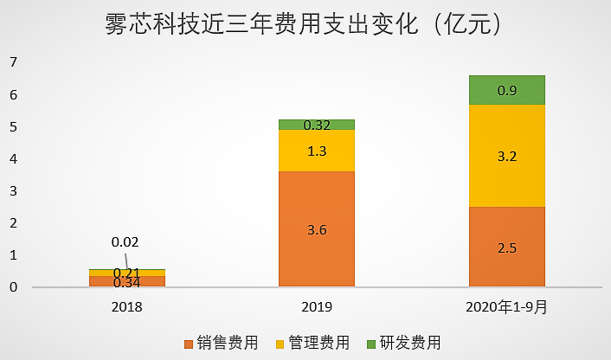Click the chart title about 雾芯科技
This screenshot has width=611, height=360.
[x=305, y=24]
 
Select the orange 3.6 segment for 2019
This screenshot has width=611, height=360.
[x=317, y=228]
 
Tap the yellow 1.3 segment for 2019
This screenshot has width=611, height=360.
[x=317, y=151]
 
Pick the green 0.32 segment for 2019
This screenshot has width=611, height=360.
[x=317, y=124]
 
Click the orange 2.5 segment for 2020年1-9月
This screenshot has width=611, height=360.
[x=507, y=247]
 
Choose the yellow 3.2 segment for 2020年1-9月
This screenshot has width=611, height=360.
[x=507, y=156]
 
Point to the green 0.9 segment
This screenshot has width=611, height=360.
[x=507, y=90]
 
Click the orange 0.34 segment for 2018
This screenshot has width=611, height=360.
[x=127, y=281]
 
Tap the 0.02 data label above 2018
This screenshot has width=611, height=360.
[x=125, y=242]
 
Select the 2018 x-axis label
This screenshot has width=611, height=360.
[x=127, y=306]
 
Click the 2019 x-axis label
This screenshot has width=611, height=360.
[x=317, y=306]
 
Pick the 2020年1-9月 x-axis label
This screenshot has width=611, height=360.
[x=507, y=306]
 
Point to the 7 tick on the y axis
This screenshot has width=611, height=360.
[x=13, y=62]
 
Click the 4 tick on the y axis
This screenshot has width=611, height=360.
[x=13, y=159]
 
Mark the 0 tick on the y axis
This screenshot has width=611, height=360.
[x=13, y=287]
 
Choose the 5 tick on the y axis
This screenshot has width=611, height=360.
[x=13, y=127]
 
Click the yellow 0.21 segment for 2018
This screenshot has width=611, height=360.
[x=127, y=273]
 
